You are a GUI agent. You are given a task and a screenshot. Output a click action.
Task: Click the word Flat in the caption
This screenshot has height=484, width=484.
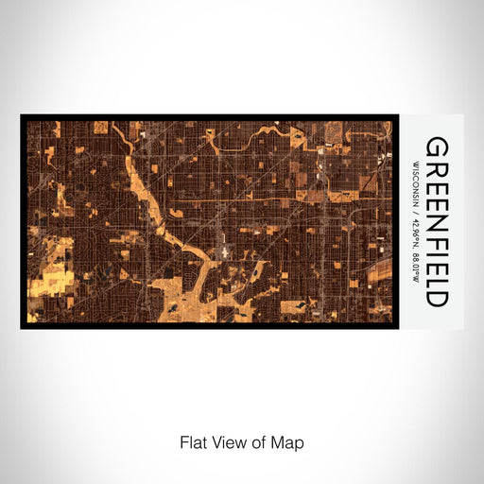click(x=192, y=441)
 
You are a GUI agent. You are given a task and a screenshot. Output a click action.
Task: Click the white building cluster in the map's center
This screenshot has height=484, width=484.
click(x=222, y=251)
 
